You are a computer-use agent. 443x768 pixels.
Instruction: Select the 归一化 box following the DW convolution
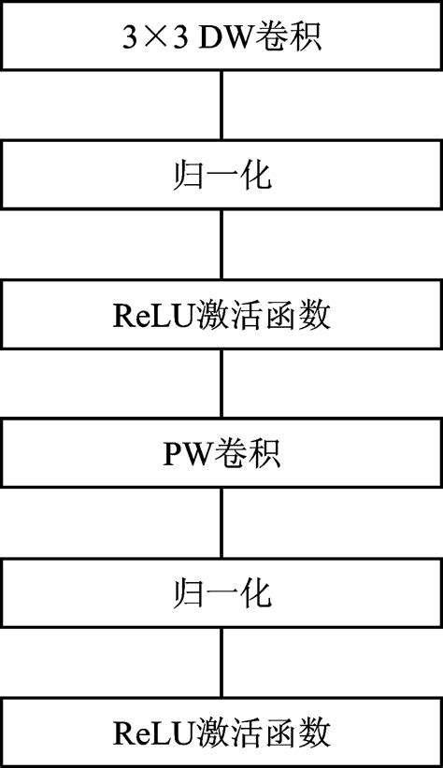[x=221, y=176]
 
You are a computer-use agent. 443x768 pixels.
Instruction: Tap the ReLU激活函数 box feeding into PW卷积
[x=221, y=315]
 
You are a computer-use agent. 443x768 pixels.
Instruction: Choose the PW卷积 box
[x=221, y=454]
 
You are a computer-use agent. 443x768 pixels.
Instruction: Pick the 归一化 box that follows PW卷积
[x=221, y=593]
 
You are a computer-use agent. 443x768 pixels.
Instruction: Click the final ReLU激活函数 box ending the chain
[x=221, y=732]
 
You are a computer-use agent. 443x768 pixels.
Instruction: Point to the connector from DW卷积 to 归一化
[x=221, y=106]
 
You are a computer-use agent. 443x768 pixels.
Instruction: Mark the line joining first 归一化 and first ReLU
[x=221, y=245]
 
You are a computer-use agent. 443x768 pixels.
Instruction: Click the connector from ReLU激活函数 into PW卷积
[x=221, y=384]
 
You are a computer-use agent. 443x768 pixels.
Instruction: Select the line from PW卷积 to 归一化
[x=221, y=523]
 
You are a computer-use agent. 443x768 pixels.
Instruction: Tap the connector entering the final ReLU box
[x=221, y=662]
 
